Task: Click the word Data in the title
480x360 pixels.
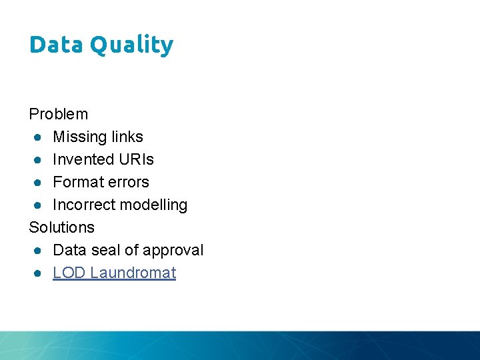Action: pyautogui.click(x=56, y=45)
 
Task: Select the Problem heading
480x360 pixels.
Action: pyautogui.click(x=59, y=114)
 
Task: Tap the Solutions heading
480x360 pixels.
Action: pyautogui.click(x=62, y=227)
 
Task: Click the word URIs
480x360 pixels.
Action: pyautogui.click(x=136, y=159)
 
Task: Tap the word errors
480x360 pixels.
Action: pyautogui.click(x=128, y=182)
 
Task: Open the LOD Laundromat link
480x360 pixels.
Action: pyautogui.click(x=114, y=273)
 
